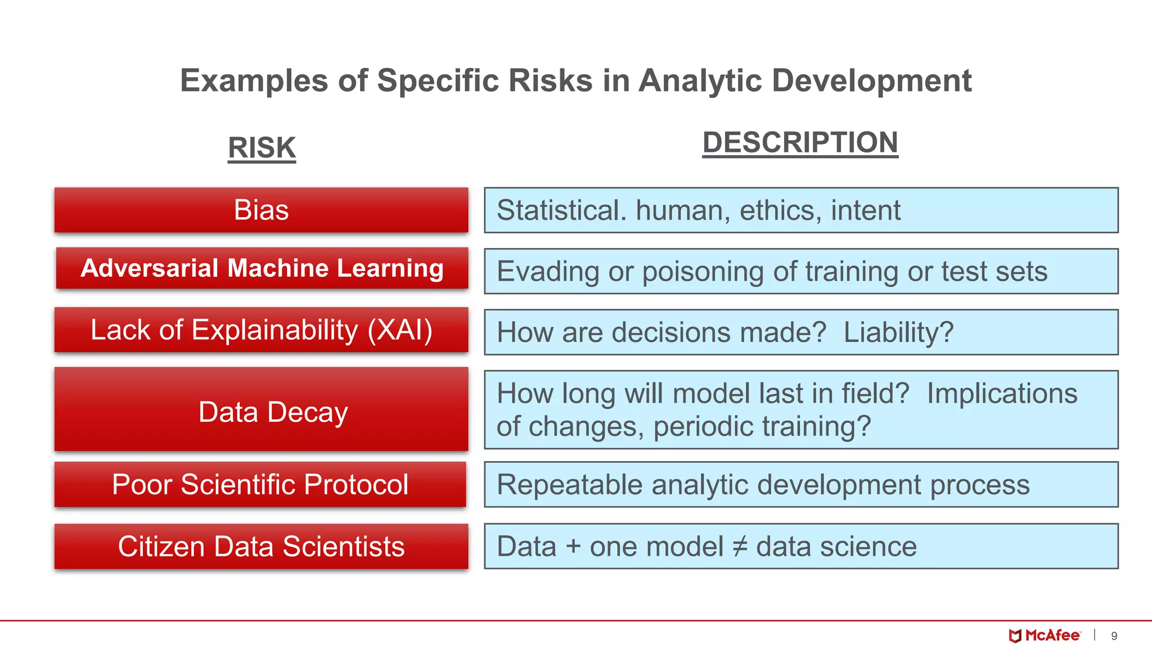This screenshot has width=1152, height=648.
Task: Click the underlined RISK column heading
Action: tap(262, 148)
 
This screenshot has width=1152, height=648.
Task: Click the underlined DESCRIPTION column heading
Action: tap(800, 142)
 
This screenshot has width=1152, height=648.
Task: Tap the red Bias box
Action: tap(261, 210)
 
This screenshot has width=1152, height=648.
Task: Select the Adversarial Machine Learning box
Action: tap(262, 268)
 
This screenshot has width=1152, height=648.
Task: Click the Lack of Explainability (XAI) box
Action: tap(261, 330)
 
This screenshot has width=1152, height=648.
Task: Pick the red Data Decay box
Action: tap(261, 411)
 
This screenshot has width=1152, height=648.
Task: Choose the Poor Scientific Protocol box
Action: tap(260, 484)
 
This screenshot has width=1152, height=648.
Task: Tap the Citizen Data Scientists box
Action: tap(261, 546)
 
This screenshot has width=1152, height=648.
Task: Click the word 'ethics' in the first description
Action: tap(777, 210)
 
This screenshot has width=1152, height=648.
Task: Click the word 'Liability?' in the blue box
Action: tap(898, 332)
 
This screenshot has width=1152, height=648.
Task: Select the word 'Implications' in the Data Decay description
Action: tap(1002, 393)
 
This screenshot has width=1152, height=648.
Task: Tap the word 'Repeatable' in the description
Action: tap(569, 485)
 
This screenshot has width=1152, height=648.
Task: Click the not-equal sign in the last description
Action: tap(740, 546)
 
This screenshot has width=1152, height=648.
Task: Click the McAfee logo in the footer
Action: tap(1045, 636)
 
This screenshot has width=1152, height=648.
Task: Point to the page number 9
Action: tap(1114, 636)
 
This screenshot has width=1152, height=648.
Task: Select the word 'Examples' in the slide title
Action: tap(254, 80)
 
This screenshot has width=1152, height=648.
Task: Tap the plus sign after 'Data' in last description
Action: tap(573, 547)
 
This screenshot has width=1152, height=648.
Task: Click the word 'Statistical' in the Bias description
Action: tap(561, 210)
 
